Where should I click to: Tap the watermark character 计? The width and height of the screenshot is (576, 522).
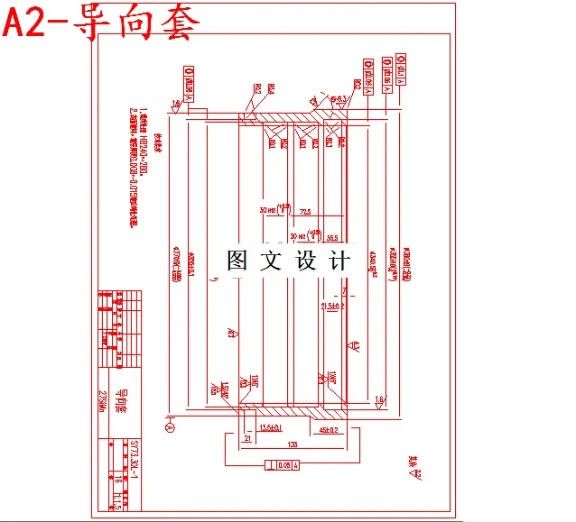pyautogui.click(x=340, y=261)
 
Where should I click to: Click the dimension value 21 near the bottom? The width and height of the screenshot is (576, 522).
pyautogui.click(x=247, y=438)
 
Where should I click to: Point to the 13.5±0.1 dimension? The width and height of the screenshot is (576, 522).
pyautogui.click(x=271, y=426)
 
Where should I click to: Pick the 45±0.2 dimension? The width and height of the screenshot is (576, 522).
pyautogui.click(x=328, y=430)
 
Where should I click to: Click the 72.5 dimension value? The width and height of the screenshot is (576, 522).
pyautogui.click(x=304, y=212)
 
